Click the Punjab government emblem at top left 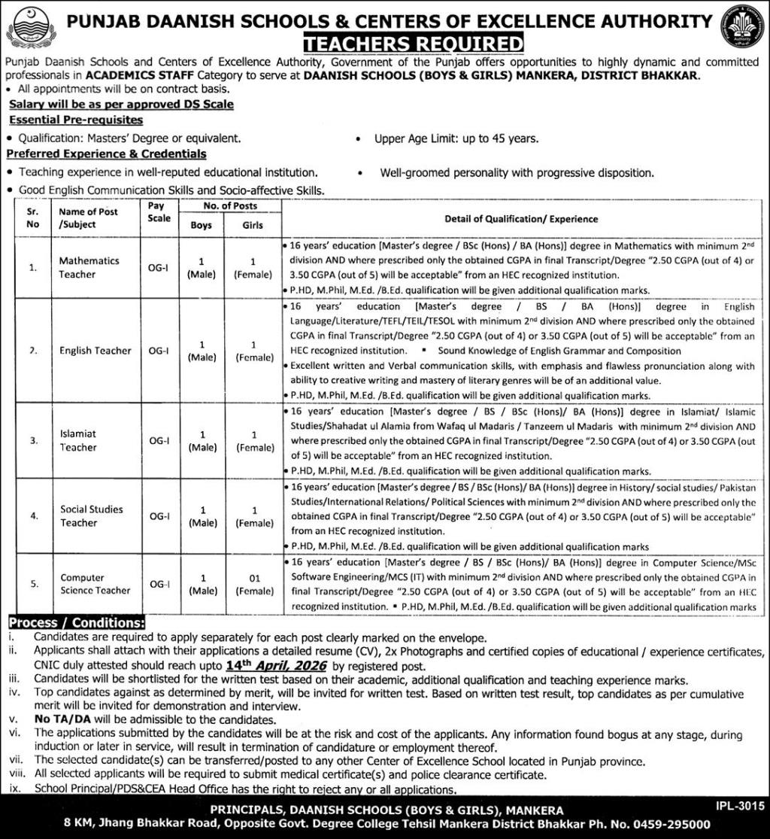click(x=26, y=27)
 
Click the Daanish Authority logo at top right click(x=741, y=27)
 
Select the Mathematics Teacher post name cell click(x=89, y=267)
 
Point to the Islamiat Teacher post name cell click(x=79, y=440)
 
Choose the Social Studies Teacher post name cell click(x=92, y=515)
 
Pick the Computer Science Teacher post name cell click(x=95, y=584)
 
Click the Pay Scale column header click(x=158, y=211)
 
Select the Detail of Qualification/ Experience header click(x=520, y=219)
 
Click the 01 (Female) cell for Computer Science click(x=253, y=584)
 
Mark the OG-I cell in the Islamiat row click(x=158, y=441)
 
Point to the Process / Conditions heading click(x=76, y=623)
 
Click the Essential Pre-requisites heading click(x=75, y=120)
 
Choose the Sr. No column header click(x=32, y=218)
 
